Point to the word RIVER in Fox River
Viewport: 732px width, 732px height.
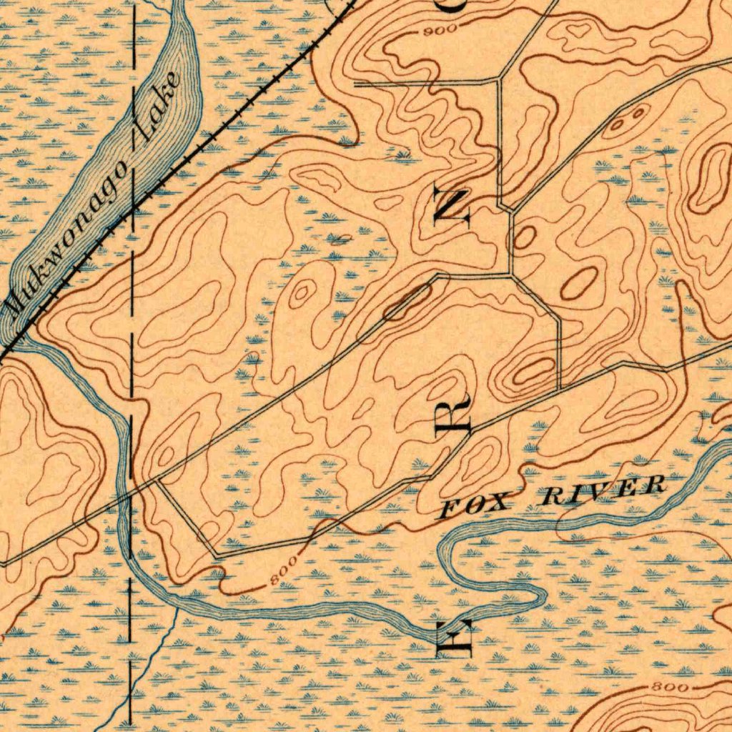point(604,491)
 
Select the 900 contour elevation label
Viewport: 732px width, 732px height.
point(436,31)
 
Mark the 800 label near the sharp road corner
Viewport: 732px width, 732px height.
point(284,574)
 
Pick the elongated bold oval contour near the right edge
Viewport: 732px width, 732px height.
point(708,179)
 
